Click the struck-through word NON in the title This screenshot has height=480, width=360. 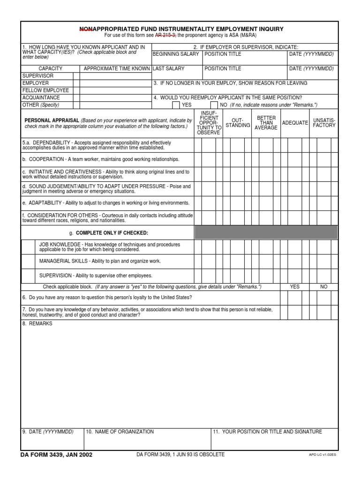click(x=86, y=29)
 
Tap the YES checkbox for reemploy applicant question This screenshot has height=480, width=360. click(x=176, y=105)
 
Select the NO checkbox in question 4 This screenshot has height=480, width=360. click(x=213, y=105)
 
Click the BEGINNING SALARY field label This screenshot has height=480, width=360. click(x=175, y=54)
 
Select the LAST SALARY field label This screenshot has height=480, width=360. click(x=169, y=68)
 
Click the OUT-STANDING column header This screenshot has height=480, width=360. click(x=238, y=123)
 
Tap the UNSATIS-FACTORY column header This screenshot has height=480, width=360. click(x=324, y=123)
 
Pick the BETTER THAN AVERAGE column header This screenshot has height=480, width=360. click(x=266, y=123)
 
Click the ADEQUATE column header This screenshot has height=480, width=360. click(x=295, y=123)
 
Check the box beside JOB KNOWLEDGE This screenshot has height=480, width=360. click(x=28, y=247)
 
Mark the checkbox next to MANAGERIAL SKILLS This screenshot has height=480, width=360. click(x=28, y=262)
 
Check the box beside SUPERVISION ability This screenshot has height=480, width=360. click(x=28, y=276)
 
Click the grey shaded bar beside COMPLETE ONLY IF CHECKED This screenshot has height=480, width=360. click(x=266, y=232)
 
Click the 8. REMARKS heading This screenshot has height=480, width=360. click(x=37, y=324)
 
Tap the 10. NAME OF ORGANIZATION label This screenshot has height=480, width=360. click(x=120, y=432)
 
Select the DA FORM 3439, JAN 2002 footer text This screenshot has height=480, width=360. click(x=56, y=455)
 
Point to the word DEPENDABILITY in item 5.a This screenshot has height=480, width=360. click(x=52, y=142)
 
